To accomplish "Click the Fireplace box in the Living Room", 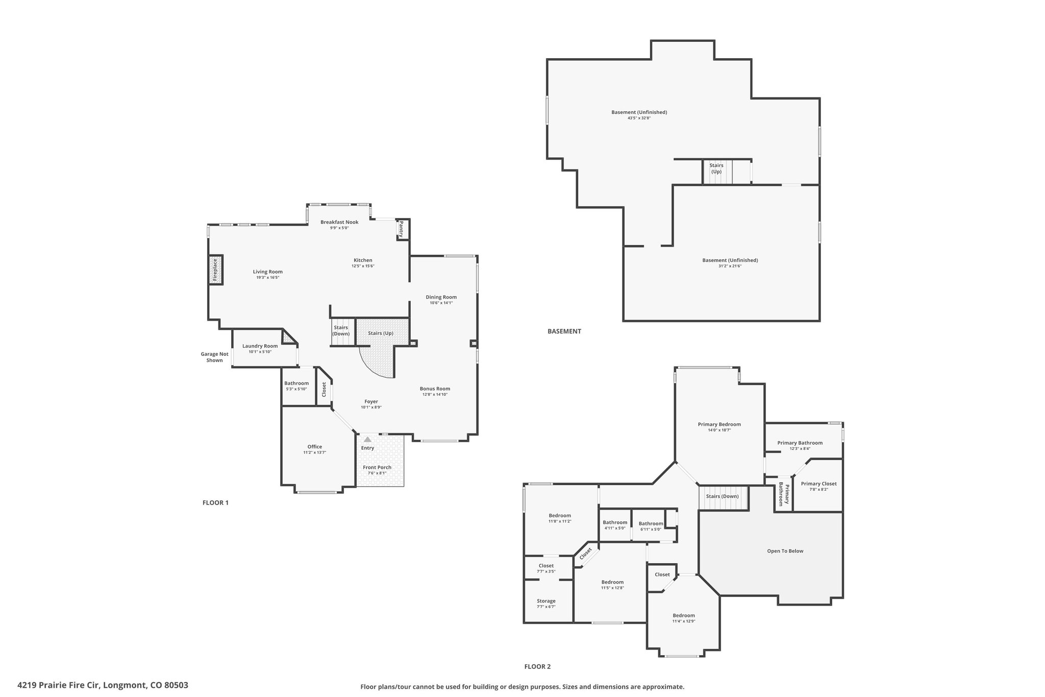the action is tap(215, 270).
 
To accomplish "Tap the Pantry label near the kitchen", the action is tap(402, 229).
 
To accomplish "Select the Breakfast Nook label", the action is tap(339, 222).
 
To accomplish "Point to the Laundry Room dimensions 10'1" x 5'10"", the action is tap(260, 352).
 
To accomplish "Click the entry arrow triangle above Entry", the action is tap(367, 439).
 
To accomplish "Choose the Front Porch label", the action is tap(377, 467).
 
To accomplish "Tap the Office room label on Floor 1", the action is tap(315, 447).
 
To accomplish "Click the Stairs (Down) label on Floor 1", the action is tap(341, 330).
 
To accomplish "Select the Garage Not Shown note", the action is tap(214, 357).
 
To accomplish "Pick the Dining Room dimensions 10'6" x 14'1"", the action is tap(441, 303).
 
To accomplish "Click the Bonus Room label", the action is tap(435, 389).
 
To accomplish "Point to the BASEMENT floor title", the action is tap(564, 331).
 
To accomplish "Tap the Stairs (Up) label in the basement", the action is tap(716, 169).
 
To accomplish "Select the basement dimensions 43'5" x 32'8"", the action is tap(639, 118).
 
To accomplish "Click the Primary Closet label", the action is tap(818, 484).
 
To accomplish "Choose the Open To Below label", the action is tap(785, 551).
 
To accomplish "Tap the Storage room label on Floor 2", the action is tap(546, 601).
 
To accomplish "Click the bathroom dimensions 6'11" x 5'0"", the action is tap(651, 529).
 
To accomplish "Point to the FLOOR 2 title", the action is tap(537, 666).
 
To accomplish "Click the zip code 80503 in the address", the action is tap(176, 685).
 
